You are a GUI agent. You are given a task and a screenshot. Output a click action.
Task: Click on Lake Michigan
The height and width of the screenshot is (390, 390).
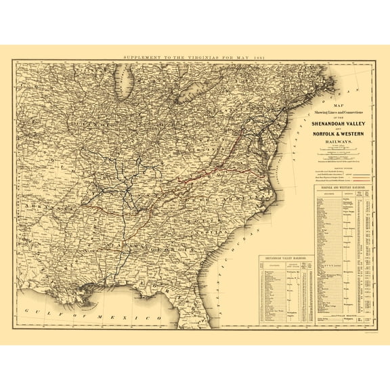click(125, 85)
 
